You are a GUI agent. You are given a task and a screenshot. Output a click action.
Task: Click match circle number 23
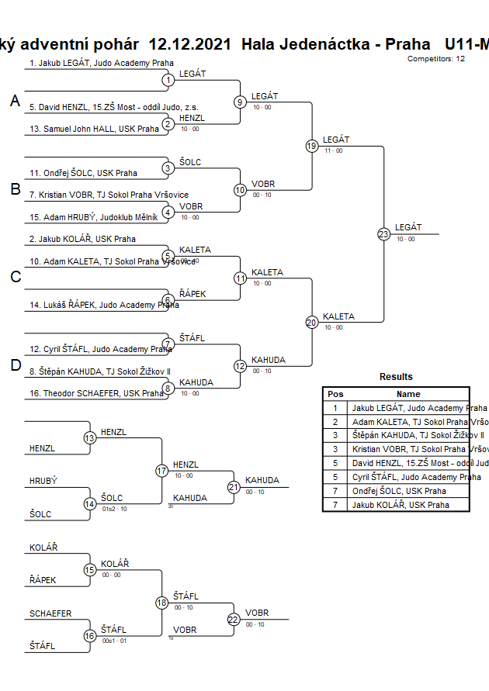pyautogui.click(x=383, y=233)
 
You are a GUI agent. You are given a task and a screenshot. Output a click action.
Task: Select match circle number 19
pyautogui.click(x=312, y=146)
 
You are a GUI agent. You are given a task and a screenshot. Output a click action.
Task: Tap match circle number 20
pyautogui.click(x=312, y=322)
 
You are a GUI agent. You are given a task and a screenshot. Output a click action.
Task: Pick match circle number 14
pyautogui.click(x=90, y=504)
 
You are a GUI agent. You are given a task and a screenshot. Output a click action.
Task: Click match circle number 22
pyautogui.click(x=234, y=619)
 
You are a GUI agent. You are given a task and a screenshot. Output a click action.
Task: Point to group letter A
pyautogui.click(x=16, y=101)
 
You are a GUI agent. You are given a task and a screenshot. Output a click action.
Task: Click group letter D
pyautogui.click(x=16, y=365)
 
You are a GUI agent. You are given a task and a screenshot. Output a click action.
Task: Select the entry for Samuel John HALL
pyautogui.click(x=94, y=129)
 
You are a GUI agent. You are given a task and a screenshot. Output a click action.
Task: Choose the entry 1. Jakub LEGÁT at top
pyautogui.click(x=101, y=63)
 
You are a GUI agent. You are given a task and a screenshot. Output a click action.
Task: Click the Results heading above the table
pyautogui.click(x=396, y=377)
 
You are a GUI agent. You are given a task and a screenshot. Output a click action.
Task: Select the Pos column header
pyautogui.click(x=335, y=394)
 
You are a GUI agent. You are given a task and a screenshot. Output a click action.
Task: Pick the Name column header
pyautogui.click(x=408, y=394)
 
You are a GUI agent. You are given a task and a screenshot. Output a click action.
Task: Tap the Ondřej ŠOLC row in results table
pyautogui.click(x=399, y=491)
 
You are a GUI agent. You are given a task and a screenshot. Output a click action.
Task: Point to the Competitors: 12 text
pyautogui.click(x=435, y=58)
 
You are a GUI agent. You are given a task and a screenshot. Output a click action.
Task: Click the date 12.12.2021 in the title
pyautogui.click(x=189, y=44)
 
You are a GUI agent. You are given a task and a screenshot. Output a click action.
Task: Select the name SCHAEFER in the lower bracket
pyautogui.click(x=50, y=613)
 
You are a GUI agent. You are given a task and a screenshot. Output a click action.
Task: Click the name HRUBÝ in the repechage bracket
pyautogui.click(x=43, y=481)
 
